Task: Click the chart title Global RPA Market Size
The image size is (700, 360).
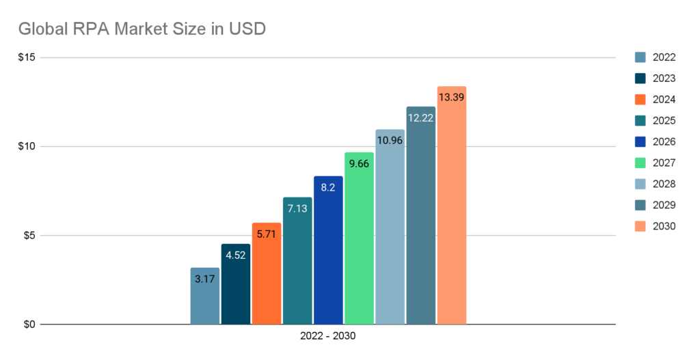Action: (x=143, y=29)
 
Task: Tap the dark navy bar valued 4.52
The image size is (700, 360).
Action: (x=236, y=283)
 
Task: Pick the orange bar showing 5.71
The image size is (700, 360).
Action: (x=267, y=273)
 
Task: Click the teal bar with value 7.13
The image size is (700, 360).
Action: (x=297, y=260)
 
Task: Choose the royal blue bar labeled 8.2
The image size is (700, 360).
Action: (x=328, y=250)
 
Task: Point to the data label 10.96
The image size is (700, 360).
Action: (x=390, y=145)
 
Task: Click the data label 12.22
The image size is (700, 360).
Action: (x=420, y=118)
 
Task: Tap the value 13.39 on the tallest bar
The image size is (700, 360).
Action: (x=451, y=98)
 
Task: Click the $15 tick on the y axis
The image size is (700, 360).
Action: (x=28, y=57)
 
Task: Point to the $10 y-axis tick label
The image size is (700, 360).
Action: (x=28, y=146)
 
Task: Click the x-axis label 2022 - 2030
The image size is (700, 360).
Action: (x=327, y=337)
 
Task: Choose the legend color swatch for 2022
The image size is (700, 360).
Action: (x=641, y=57)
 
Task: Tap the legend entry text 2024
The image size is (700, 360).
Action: (x=664, y=99)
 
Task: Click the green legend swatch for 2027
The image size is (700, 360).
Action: (x=641, y=163)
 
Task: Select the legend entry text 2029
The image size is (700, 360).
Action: (x=664, y=205)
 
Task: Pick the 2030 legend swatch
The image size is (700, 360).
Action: (x=641, y=226)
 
